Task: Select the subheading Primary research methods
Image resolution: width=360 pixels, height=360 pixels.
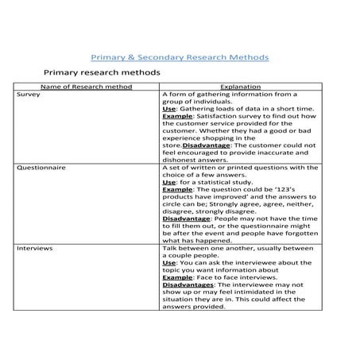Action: pos(102,72)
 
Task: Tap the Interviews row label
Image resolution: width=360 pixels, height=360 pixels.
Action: pos(34,249)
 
